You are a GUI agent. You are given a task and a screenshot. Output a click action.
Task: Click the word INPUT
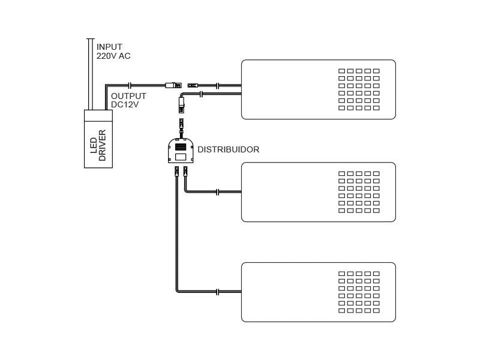(109, 47)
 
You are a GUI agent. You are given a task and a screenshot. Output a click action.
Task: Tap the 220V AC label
(113, 56)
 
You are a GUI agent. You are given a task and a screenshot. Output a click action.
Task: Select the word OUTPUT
(128, 96)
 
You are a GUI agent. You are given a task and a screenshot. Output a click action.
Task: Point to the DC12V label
(125, 105)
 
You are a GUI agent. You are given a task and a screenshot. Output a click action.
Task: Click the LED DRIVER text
(98, 145)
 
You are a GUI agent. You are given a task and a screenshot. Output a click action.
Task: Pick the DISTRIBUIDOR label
(229, 149)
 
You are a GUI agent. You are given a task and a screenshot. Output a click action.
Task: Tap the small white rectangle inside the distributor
(180, 157)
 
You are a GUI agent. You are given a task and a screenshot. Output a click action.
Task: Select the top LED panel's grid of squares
(359, 89)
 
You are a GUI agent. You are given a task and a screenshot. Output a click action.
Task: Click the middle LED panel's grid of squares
(359, 192)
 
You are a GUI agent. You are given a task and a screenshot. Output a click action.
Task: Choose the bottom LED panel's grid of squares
(359, 292)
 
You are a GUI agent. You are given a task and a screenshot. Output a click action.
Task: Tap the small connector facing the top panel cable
(193, 86)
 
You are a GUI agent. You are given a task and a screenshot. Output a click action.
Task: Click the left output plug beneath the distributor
(176, 172)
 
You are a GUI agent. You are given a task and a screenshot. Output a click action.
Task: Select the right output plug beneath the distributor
(185, 172)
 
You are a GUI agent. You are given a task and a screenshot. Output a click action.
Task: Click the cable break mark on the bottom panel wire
(218, 292)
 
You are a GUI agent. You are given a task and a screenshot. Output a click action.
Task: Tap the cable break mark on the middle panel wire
(218, 192)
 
